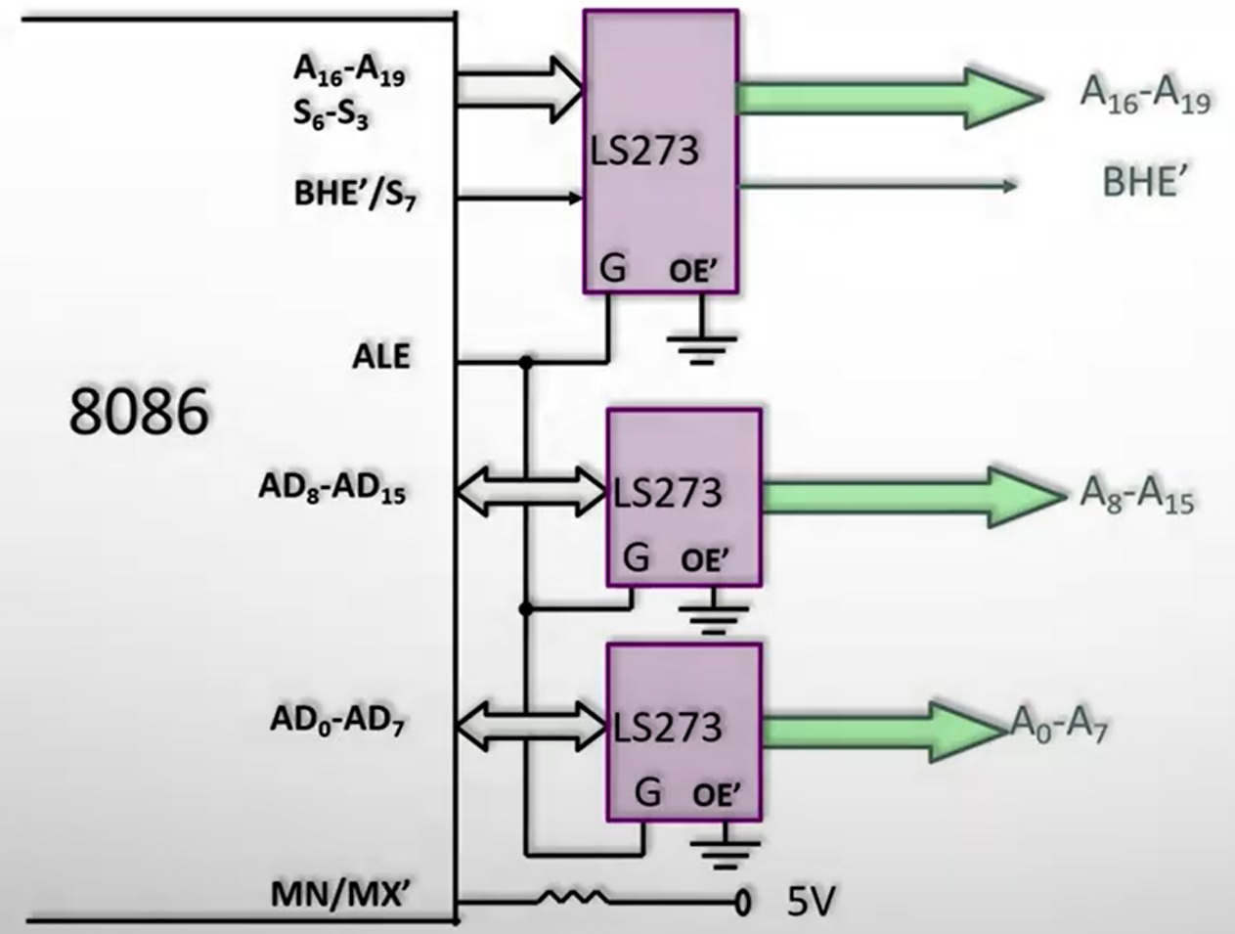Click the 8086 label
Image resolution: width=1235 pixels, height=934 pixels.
(139, 412)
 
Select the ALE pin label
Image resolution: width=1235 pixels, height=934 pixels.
(381, 356)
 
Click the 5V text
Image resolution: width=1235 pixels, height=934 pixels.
(813, 901)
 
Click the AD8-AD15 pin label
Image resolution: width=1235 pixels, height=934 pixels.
(331, 488)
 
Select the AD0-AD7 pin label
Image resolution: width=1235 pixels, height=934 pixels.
(337, 722)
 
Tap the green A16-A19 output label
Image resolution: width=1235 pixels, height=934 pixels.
(1145, 96)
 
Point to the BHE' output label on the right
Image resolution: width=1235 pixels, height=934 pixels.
(1145, 182)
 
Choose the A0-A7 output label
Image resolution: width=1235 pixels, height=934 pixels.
(1059, 726)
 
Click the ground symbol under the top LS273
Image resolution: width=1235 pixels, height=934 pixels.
(701, 344)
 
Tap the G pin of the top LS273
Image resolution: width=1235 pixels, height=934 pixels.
(613, 268)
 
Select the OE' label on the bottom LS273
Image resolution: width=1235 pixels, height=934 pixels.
(716, 795)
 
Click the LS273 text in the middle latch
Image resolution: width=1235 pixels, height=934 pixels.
(668, 492)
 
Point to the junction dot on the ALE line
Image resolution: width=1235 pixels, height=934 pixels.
(526, 363)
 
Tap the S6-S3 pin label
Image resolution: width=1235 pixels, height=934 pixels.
(331, 113)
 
